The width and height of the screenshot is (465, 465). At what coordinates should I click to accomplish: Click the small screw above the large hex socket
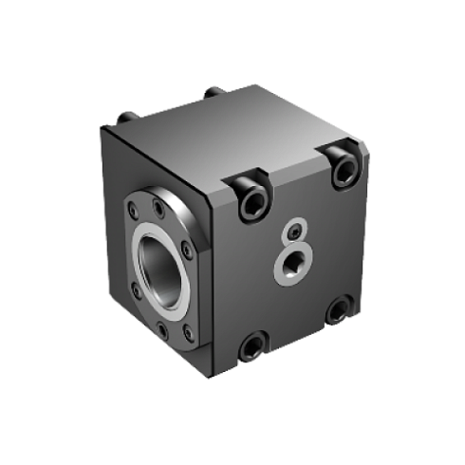click(297, 232)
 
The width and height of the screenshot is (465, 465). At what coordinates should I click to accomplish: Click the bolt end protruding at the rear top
click(213, 91)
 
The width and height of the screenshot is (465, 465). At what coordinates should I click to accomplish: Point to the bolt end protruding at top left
click(125, 119)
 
